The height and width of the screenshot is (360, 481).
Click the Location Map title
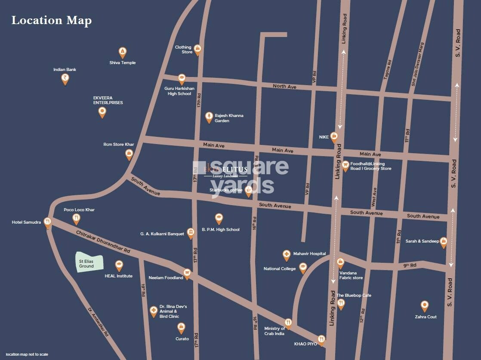[x=51, y=20]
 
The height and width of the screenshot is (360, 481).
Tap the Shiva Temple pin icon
[x=123, y=52]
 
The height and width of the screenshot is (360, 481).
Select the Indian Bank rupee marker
[x=65, y=79]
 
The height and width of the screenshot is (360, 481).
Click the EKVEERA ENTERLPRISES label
[x=108, y=100]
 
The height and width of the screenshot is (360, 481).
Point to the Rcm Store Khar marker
[x=129, y=154]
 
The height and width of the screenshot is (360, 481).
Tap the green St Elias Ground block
[x=90, y=263]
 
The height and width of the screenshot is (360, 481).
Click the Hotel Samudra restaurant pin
[x=48, y=222]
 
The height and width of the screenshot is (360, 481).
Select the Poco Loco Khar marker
[x=77, y=219]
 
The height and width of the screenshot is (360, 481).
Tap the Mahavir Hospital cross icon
[x=286, y=255]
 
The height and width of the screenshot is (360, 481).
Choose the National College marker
[x=303, y=268]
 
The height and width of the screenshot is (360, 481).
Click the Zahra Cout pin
[x=425, y=306]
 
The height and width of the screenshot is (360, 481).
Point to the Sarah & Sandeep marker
[x=443, y=242]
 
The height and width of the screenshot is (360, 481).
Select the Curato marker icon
[x=182, y=328]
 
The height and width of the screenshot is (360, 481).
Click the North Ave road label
[x=284, y=86]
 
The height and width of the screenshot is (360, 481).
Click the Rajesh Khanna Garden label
[x=229, y=118]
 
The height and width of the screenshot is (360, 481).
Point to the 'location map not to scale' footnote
[x=27, y=354]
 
